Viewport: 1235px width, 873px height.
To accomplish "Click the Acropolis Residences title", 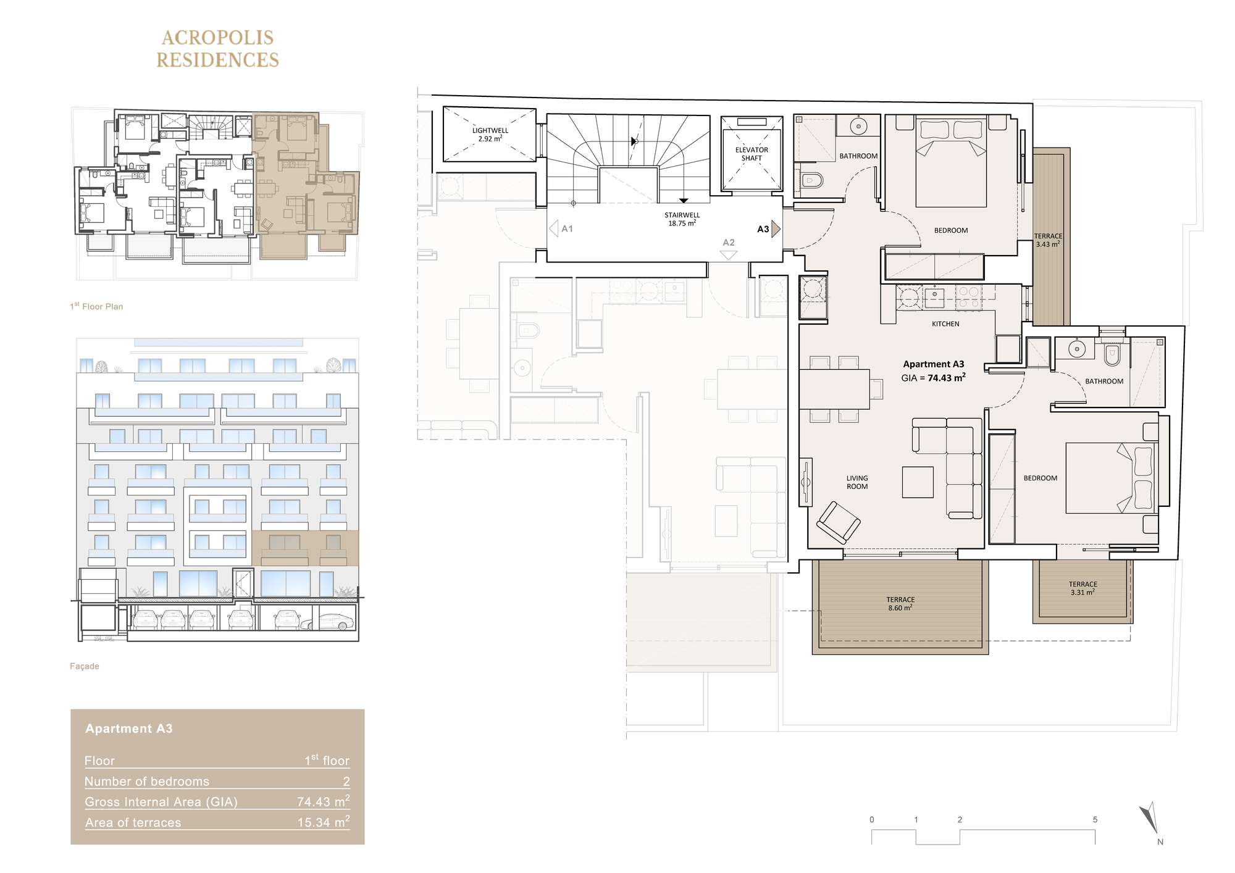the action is (217, 49).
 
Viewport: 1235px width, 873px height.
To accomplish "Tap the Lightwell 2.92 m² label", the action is (490, 135).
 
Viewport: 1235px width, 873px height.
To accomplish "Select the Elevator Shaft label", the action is (751, 154).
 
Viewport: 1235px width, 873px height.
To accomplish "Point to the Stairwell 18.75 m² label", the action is (682, 219).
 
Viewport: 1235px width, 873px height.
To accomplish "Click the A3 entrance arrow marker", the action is (776, 229).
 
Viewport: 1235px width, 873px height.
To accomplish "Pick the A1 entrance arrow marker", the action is (554, 228).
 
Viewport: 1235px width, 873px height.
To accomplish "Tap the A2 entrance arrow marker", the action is (729, 255).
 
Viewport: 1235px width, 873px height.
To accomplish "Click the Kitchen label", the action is (945, 324).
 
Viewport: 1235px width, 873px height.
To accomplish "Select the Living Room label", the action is (857, 482).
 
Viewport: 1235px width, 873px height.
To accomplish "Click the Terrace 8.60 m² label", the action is (900, 604).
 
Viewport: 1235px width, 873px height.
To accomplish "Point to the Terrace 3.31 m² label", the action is (1083, 588).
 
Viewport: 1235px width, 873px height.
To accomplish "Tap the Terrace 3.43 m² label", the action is (1049, 240).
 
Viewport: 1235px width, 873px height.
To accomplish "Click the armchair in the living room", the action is (838, 522).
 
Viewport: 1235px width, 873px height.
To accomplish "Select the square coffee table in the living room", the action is (918, 482).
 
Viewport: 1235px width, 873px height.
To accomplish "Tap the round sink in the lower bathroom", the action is (1077, 349).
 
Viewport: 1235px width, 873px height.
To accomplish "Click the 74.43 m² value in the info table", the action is (323, 801).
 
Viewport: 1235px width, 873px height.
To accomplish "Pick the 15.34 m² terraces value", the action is (324, 822).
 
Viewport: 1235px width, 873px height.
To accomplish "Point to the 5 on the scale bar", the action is (1095, 820).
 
